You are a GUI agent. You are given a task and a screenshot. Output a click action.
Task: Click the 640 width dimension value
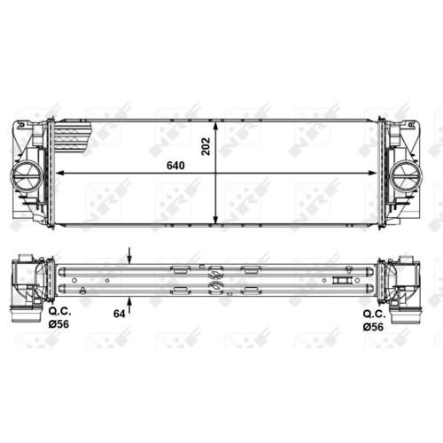tap(175, 166)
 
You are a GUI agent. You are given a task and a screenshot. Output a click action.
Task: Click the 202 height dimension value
tap(206, 146)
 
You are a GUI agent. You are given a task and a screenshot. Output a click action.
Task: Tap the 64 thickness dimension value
tap(120, 314)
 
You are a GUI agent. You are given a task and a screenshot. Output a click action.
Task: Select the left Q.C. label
tap(60, 312)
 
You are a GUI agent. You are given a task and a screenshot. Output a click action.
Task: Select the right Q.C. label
tap(375, 314)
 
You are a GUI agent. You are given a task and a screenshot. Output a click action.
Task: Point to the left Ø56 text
tap(58, 324)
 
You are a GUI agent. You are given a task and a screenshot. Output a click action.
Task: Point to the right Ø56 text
tap(373, 326)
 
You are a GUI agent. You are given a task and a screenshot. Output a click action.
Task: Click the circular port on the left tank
tap(26, 177)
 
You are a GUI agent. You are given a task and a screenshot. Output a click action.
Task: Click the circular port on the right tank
tap(406, 177)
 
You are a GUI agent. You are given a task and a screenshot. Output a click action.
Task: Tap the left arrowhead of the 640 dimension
tap(59, 174)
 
